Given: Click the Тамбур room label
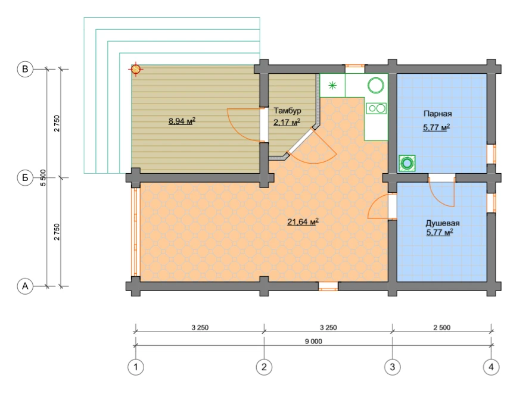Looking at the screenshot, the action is tap(287, 111).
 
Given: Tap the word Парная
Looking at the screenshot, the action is tap(438, 114).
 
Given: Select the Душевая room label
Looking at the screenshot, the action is tap(443, 223).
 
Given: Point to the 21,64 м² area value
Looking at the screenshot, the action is tap(303, 222).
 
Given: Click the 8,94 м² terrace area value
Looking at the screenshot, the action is tap(182, 121).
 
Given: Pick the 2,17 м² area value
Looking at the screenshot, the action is tap(287, 122).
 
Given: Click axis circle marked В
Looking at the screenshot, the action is tap(25, 69).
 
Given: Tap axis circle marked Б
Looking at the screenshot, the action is tap(25, 178).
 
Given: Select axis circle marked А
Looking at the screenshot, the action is tap(25, 286).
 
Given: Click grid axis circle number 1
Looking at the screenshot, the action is tap(136, 367).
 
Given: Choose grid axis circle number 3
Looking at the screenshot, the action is tap(393, 367).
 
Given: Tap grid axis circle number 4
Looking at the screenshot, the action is tap(491, 367).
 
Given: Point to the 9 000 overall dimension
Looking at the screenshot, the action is tap(313, 342).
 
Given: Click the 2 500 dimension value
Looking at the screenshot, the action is tap(442, 327).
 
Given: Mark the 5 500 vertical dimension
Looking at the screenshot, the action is tap(43, 178).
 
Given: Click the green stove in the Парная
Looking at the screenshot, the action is tap(407, 164).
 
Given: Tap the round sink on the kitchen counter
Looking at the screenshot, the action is tap(376, 85).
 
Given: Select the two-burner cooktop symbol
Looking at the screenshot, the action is tap(377, 108).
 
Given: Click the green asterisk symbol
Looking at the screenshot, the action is tap(332, 85).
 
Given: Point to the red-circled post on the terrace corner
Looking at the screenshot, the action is tap(136, 69).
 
